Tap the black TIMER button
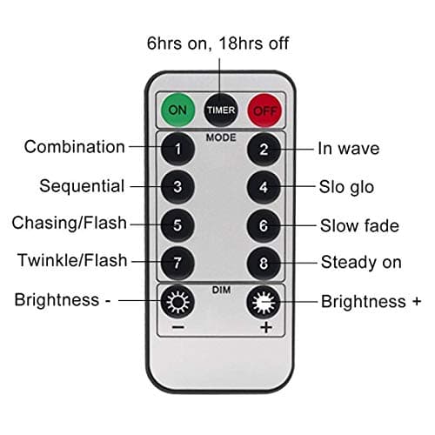click(x=221, y=110)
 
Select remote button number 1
click(x=178, y=149)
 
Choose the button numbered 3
click(x=178, y=186)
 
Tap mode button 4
click(x=264, y=186)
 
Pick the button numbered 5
click(x=178, y=224)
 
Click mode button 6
click(x=264, y=224)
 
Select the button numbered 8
click(x=264, y=262)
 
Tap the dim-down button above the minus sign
click(x=178, y=302)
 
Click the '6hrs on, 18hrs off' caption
click(x=218, y=43)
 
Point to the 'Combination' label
click(x=75, y=147)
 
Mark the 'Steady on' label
click(x=361, y=262)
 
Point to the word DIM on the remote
click(x=221, y=284)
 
